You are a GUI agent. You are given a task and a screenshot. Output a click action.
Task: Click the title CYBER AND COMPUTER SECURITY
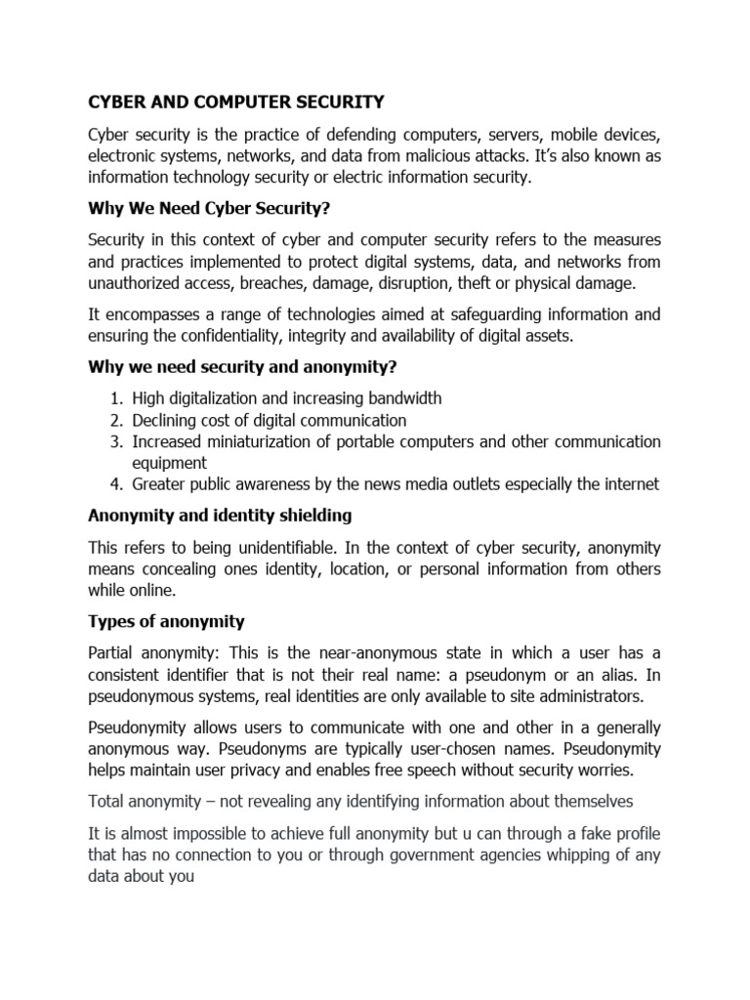pyautogui.click(x=236, y=101)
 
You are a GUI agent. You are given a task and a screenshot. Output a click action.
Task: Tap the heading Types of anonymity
pyautogui.click(x=166, y=621)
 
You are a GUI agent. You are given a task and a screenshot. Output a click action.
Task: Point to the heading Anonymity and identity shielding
pyautogui.click(x=220, y=515)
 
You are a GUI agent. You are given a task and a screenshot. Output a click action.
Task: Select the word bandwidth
pyautogui.click(x=400, y=398)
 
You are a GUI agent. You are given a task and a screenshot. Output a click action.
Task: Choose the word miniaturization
pyautogui.click(x=269, y=441)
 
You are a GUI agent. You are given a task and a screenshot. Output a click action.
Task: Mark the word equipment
pyautogui.click(x=170, y=463)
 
